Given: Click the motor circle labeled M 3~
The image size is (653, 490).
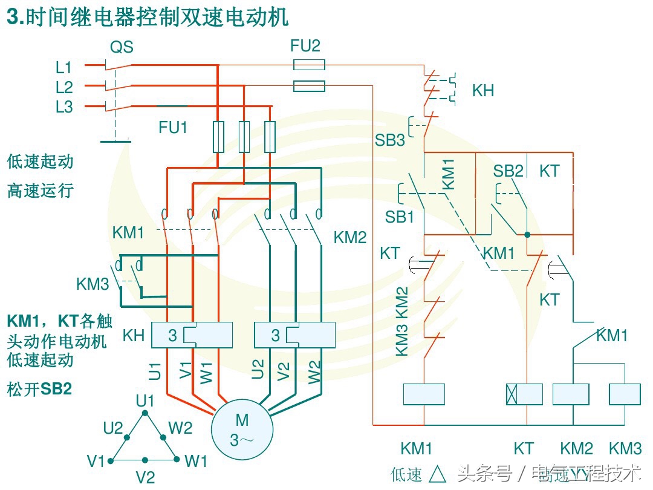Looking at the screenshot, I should point(242,429).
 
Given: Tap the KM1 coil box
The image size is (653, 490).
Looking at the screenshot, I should point(424,394).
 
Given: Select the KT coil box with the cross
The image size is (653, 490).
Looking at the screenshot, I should point(524,394).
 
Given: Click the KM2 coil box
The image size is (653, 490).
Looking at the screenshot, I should point(571,394).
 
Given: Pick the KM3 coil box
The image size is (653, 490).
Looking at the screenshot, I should point(625,394).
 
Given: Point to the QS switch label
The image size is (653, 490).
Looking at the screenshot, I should point(121,47).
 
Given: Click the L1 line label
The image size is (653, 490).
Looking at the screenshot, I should point(64,67).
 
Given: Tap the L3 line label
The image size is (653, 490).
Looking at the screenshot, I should point(64,107).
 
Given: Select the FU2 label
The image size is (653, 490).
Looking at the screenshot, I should point(305,45).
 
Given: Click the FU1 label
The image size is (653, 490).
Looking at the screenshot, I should point(173,128).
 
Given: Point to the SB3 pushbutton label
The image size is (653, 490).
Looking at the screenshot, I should point(389,140).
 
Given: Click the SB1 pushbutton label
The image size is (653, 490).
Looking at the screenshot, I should point(400,217).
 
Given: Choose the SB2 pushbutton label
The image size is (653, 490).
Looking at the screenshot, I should point(508,171).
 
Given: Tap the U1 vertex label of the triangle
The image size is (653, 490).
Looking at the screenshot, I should point(145,400).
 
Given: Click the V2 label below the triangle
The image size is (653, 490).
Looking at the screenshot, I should point(145,477).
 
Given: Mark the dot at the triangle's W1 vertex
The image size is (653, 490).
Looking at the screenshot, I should point(177,460).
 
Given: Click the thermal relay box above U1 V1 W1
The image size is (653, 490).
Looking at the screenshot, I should point(192,335).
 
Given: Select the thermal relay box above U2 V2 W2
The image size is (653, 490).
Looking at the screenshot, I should point(295,335).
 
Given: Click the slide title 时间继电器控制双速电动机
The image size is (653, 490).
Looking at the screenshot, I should point(148,18).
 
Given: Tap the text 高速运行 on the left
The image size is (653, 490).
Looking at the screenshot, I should point(40,191).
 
